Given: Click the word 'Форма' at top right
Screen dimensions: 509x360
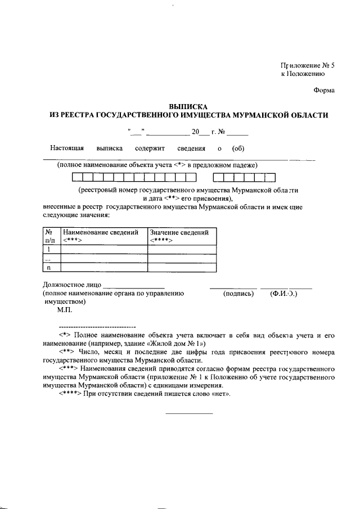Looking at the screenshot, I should [323, 90].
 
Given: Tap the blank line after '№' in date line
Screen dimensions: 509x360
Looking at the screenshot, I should [237, 133].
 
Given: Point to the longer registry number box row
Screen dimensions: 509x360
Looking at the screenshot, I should [133, 178].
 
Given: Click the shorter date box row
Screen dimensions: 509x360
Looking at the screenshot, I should [244, 178].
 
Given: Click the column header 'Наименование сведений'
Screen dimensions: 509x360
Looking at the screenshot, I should [101, 232].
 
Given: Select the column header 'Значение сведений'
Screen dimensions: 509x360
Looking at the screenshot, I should [179, 232].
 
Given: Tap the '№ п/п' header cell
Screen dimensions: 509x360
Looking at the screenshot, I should [51, 236].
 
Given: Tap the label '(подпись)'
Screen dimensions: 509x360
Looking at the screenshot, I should [238, 293].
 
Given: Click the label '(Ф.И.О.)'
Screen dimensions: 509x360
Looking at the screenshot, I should [284, 293].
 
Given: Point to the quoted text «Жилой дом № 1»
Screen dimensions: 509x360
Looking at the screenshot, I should [177, 343].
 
